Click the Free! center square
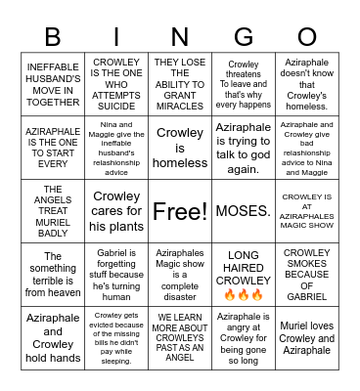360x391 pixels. [x=180, y=210]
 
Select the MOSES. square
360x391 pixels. [x=244, y=210]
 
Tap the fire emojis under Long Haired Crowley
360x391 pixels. [x=244, y=294]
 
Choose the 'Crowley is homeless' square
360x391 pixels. [x=180, y=148]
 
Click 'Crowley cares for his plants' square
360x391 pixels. [x=116, y=210]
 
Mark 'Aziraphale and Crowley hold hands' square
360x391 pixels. [x=53, y=338]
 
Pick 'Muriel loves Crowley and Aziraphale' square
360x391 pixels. [x=307, y=338]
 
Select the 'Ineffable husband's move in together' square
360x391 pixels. [x=53, y=86]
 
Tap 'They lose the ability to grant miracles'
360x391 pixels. [x=180, y=86]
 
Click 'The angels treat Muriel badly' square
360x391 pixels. [x=53, y=210]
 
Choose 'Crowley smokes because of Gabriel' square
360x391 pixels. [x=307, y=275]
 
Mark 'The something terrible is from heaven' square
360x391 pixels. [x=53, y=275]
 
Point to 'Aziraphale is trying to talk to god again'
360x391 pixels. [x=244, y=148]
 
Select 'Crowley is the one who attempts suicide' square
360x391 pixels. [x=116, y=86]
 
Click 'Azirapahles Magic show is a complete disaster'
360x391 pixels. [x=180, y=275]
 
